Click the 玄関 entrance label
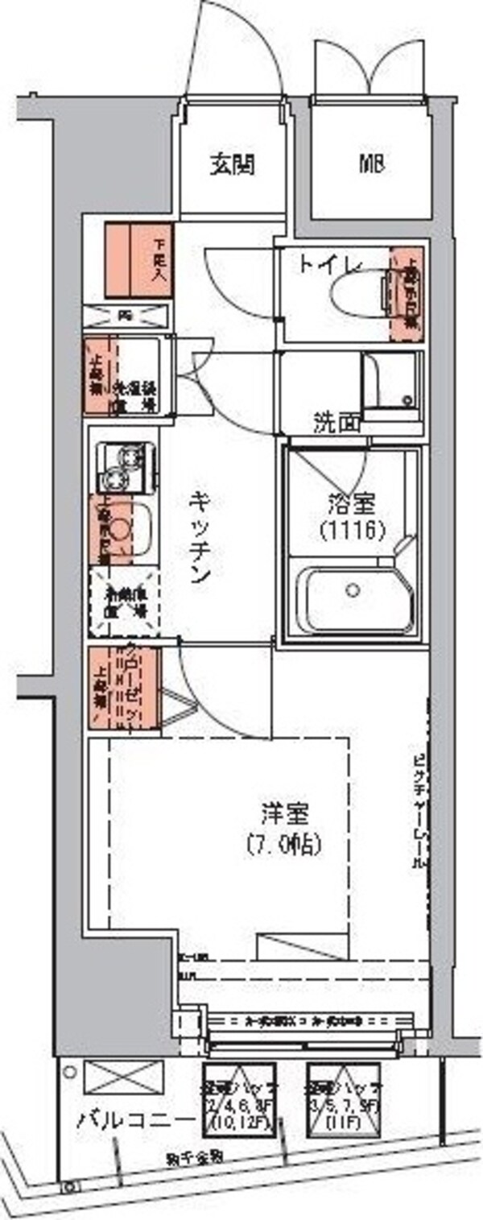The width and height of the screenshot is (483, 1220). point(233,164)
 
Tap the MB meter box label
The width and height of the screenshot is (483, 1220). point(370,164)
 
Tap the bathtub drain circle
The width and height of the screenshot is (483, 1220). point(351,589)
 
